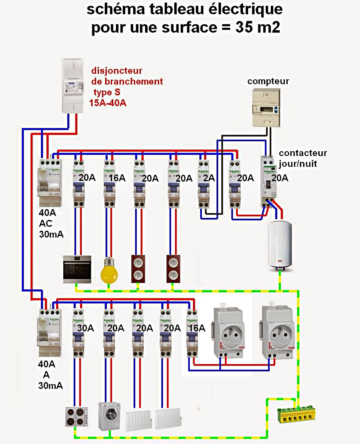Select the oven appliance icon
pyautogui.click(x=77, y=269)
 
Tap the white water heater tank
pyautogui.click(x=280, y=245)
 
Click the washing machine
pyautogui.click(x=109, y=416)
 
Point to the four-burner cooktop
pyautogui.click(x=77, y=417)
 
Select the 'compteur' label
pyautogui.click(x=268, y=81)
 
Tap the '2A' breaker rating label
pyautogui.click(x=209, y=178)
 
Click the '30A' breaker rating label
pyautogui.click(x=85, y=328)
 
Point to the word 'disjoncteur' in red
pyautogui.click(x=117, y=71)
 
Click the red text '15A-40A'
pyautogui.click(x=108, y=103)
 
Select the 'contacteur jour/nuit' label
pyautogui.click(x=302, y=158)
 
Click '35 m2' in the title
pyautogui.click(x=258, y=27)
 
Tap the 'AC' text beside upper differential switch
pyautogui.click(x=46, y=223)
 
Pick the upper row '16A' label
pyautogui.click(x=117, y=178)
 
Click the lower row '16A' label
pyautogui.click(x=197, y=328)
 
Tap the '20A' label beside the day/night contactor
pyautogui.click(x=280, y=178)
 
